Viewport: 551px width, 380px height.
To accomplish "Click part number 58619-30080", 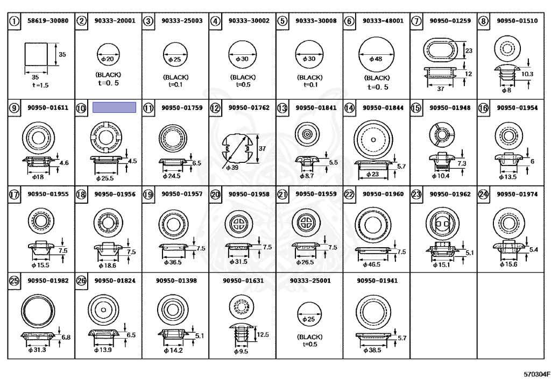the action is (x=48, y=21).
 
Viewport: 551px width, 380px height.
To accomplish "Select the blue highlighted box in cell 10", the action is (x=114, y=107).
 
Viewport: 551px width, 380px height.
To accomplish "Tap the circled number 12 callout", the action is (x=215, y=108).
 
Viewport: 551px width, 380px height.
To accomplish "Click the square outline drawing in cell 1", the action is (x=36, y=54).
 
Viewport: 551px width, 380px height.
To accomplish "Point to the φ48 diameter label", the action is (x=376, y=59).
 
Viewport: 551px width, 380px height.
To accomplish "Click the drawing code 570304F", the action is (x=537, y=374).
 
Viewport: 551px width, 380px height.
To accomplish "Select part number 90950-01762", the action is (x=249, y=107).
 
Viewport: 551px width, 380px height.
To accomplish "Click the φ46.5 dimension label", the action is (x=372, y=264).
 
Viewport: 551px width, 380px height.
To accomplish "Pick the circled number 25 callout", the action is (x=14, y=281).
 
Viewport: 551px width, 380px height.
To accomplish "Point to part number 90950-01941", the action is (x=377, y=281).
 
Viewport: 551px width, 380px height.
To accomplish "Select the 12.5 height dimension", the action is (x=263, y=334).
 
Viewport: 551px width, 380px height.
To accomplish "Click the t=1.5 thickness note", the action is (x=40, y=85).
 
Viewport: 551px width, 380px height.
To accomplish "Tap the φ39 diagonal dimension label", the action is (x=232, y=168).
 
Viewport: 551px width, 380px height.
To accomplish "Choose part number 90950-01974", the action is (x=517, y=194).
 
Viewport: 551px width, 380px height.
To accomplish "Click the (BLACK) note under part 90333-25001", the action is (x=309, y=337).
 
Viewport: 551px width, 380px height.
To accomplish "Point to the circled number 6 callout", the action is (x=349, y=21).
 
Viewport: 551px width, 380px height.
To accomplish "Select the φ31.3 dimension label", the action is (x=37, y=350).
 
